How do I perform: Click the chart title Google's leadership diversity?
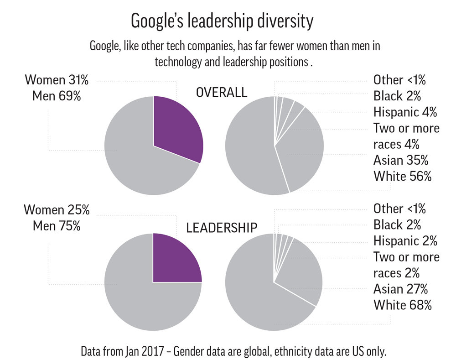pyautogui.click(x=222, y=21)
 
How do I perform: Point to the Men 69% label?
pyautogui.click(x=57, y=96)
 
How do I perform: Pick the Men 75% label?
pyautogui.click(x=57, y=226)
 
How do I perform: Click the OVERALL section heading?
pyautogui.click(x=221, y=93)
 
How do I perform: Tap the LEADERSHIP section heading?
pyautogui.click(x=222, y=227)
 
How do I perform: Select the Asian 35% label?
pyautogui.click(x=400, y=160)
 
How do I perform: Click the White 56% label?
pyautogui.click(x=402, y=177)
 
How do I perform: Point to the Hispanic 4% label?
pyautogui.click(x=405, y=112)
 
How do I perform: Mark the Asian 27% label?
pyautogui.click(x=400, y=289)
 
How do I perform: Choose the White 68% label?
pyautogui.click(x=402, y=305)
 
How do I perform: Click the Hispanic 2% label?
pyautogui.click(x=405, y=240)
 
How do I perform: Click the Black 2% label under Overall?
pyautogui.click(x=397, y=96)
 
